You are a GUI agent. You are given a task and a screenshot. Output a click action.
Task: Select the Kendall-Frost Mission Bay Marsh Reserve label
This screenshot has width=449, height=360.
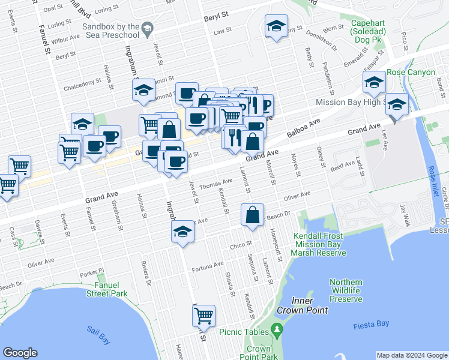320,245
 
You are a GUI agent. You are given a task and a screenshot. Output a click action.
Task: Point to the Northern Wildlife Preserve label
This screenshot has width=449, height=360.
346,290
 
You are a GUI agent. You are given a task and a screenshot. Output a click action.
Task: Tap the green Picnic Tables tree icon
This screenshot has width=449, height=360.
277,329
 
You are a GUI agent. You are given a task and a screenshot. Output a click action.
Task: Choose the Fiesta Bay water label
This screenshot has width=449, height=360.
371,324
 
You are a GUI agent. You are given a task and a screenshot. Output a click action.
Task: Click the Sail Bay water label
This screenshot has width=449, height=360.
98,335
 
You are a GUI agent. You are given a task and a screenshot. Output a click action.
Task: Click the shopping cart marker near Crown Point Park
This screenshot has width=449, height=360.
203,314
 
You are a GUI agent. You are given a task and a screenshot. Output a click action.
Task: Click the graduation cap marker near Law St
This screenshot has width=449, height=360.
276,26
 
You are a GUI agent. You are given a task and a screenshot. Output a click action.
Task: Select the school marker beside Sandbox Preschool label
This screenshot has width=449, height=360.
148,28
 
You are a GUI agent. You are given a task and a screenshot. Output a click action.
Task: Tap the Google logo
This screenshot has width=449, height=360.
20,353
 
